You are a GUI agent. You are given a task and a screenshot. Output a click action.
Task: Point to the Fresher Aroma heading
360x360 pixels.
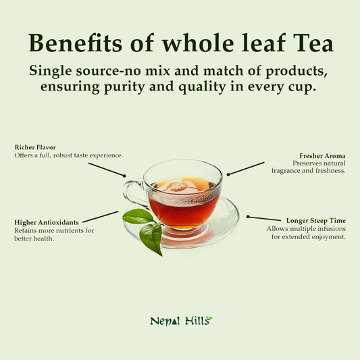(322, 156)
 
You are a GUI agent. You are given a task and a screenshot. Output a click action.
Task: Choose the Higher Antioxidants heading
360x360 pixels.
(47, 222)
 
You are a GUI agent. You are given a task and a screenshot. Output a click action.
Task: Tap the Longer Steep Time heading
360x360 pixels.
(315, 220)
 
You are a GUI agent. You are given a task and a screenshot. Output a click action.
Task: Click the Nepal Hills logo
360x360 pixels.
(180, 321)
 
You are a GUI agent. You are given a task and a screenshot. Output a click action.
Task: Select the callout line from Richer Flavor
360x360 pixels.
(106, 169)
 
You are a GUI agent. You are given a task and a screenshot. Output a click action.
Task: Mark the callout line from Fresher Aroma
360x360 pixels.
(246, 168)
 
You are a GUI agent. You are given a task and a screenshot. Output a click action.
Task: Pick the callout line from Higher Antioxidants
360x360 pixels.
(100, 217)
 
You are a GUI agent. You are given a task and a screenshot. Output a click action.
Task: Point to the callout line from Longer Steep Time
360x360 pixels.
(264, 218)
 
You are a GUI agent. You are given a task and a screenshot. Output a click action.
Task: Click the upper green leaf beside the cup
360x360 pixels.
(138, 216)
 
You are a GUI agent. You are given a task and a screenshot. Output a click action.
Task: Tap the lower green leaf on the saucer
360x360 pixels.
(152, 237)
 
